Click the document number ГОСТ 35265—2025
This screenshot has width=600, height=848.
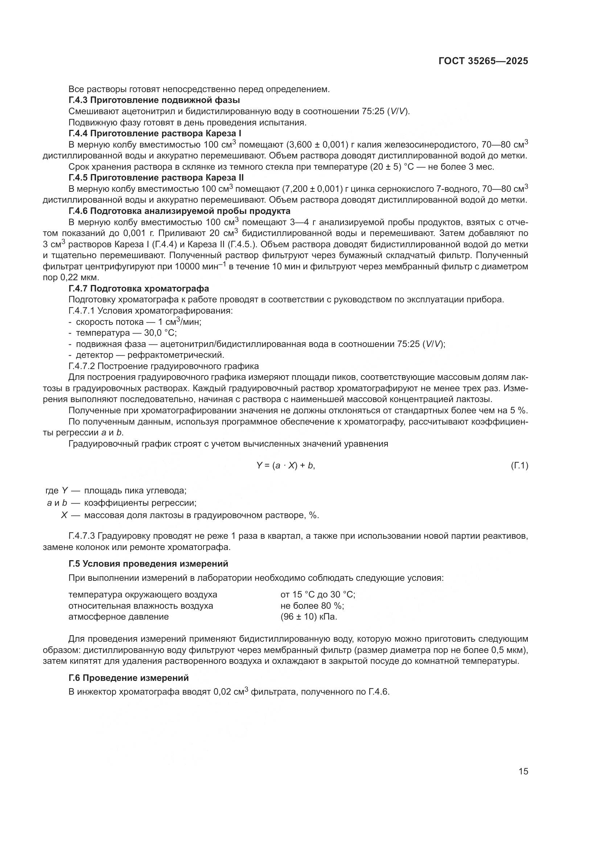pyautogui.click(x=483, y=61)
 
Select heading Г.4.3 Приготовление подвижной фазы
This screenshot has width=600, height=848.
pyautogui.click(x=154, y=100)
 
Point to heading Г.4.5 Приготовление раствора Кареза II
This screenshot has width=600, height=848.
pyautogui.click(x=156, y=178)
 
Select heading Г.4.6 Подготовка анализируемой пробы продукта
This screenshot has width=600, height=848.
pyautogui.click(x=179, y=211)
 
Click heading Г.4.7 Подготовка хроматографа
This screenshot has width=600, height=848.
pyautogui.click(x=139, y=289)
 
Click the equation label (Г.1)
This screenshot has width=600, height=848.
pyautogui.click(x=519, y=466)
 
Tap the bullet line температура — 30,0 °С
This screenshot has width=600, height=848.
pyautogui.click(x=126, y=333)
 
